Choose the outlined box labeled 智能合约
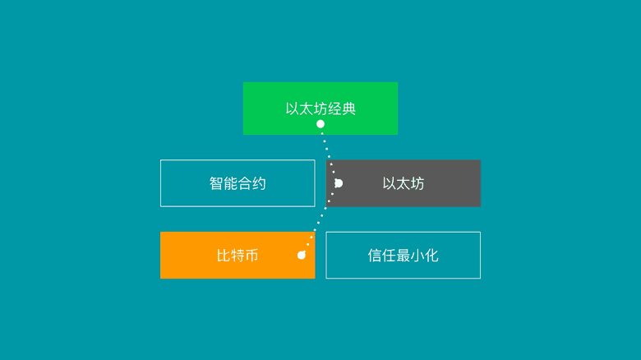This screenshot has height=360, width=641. pos(237,183)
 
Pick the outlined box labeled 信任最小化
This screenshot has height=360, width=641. pos(404,256)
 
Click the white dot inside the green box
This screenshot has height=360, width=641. pos(320,124)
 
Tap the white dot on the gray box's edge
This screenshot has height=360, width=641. pos(338,183)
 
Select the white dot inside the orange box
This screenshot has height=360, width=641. pos(302,256)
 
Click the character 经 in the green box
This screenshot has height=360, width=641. pos(334,108)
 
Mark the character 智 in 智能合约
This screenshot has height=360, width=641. pos(216,183)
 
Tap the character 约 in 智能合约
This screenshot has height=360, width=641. pos(259,183)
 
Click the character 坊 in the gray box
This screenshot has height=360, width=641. pos(417,183)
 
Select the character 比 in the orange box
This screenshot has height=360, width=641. pos(224,256)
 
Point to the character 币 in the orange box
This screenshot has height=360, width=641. pos(251,256)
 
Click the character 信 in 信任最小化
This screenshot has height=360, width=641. pos(376,256)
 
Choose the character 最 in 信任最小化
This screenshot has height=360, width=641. pos(404,256)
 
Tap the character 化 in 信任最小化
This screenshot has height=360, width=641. pos(431,256)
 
